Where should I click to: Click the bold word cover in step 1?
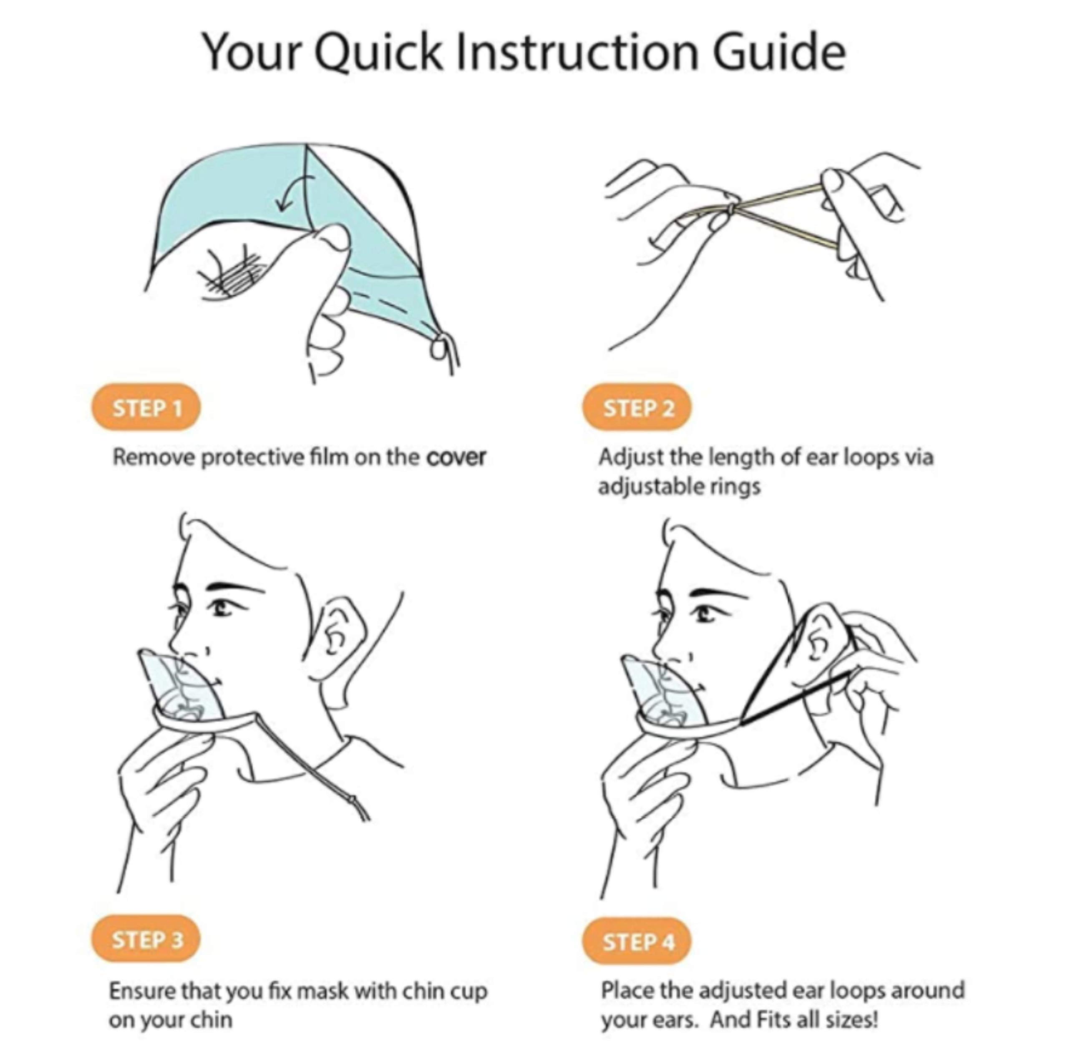[456, 457]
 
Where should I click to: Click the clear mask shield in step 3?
[181, 687]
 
